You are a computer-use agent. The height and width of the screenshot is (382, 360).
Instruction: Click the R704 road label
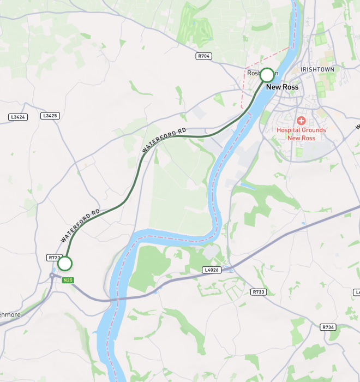click(x=203, y=56)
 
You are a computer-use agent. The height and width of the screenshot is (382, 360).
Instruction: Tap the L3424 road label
click(x=18, y=116)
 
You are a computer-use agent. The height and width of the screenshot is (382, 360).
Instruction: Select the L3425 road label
click(x=49, y=116)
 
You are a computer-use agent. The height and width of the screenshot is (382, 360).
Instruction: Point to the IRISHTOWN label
click(x=317, y=70)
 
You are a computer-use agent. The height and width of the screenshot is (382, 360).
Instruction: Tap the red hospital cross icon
click(x=301, y=120)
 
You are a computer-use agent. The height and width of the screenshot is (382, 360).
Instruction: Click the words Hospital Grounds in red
click(x=301, y=130)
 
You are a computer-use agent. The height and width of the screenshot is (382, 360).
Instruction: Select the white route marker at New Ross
click(x=267, y=75)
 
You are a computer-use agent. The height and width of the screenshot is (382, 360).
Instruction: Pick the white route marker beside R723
click(x=65, y=264)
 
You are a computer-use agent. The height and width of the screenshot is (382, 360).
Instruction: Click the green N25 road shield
click(x=68, y=280)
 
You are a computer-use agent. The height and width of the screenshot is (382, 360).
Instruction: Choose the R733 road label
click(x=258, y=292)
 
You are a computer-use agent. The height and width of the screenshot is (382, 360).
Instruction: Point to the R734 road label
click(x=327, y=327)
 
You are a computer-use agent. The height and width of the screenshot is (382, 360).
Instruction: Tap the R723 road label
click(x=54, y=257)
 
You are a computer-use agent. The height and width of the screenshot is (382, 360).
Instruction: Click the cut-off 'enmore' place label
click(x=10, y=315)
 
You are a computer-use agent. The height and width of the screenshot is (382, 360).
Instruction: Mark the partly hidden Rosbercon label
click(x=254, y=73)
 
